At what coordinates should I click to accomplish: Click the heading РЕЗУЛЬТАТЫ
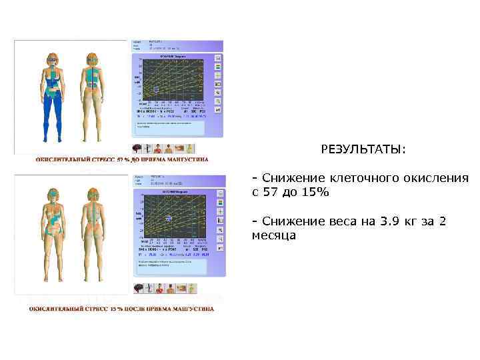click(x=363, y=149)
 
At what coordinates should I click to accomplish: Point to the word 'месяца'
click(x=273, y=235)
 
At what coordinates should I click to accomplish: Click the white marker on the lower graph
click(x=169, y=218)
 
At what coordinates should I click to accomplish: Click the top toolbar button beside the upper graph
click(x=218, y=58)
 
